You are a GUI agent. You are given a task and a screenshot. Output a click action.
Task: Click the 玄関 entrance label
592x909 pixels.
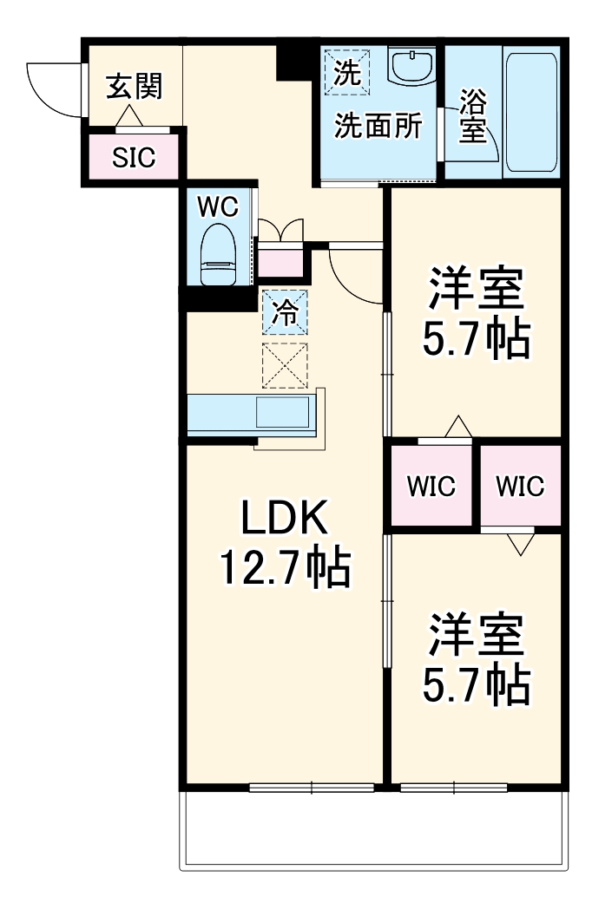coord(134,87)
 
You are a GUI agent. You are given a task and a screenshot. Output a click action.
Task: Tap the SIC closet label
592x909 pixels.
coord(134,157)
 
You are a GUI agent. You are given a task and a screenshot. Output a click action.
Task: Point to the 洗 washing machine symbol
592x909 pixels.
coord(346,72)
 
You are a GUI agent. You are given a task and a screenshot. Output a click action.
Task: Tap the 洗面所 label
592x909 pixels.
coord(378,127)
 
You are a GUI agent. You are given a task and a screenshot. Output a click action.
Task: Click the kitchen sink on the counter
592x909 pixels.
coord(282,413)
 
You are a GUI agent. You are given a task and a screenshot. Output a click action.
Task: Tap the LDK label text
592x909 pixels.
coord(284,520)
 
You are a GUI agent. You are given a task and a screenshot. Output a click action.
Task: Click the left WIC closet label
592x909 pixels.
coord(431,487)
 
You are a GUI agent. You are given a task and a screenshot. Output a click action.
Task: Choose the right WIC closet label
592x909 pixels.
coord(520,487)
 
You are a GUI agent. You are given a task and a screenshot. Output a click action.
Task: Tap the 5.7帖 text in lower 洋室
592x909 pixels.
coord(476,685)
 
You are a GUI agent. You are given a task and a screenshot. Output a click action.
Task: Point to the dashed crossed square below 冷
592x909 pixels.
coord(285,365)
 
